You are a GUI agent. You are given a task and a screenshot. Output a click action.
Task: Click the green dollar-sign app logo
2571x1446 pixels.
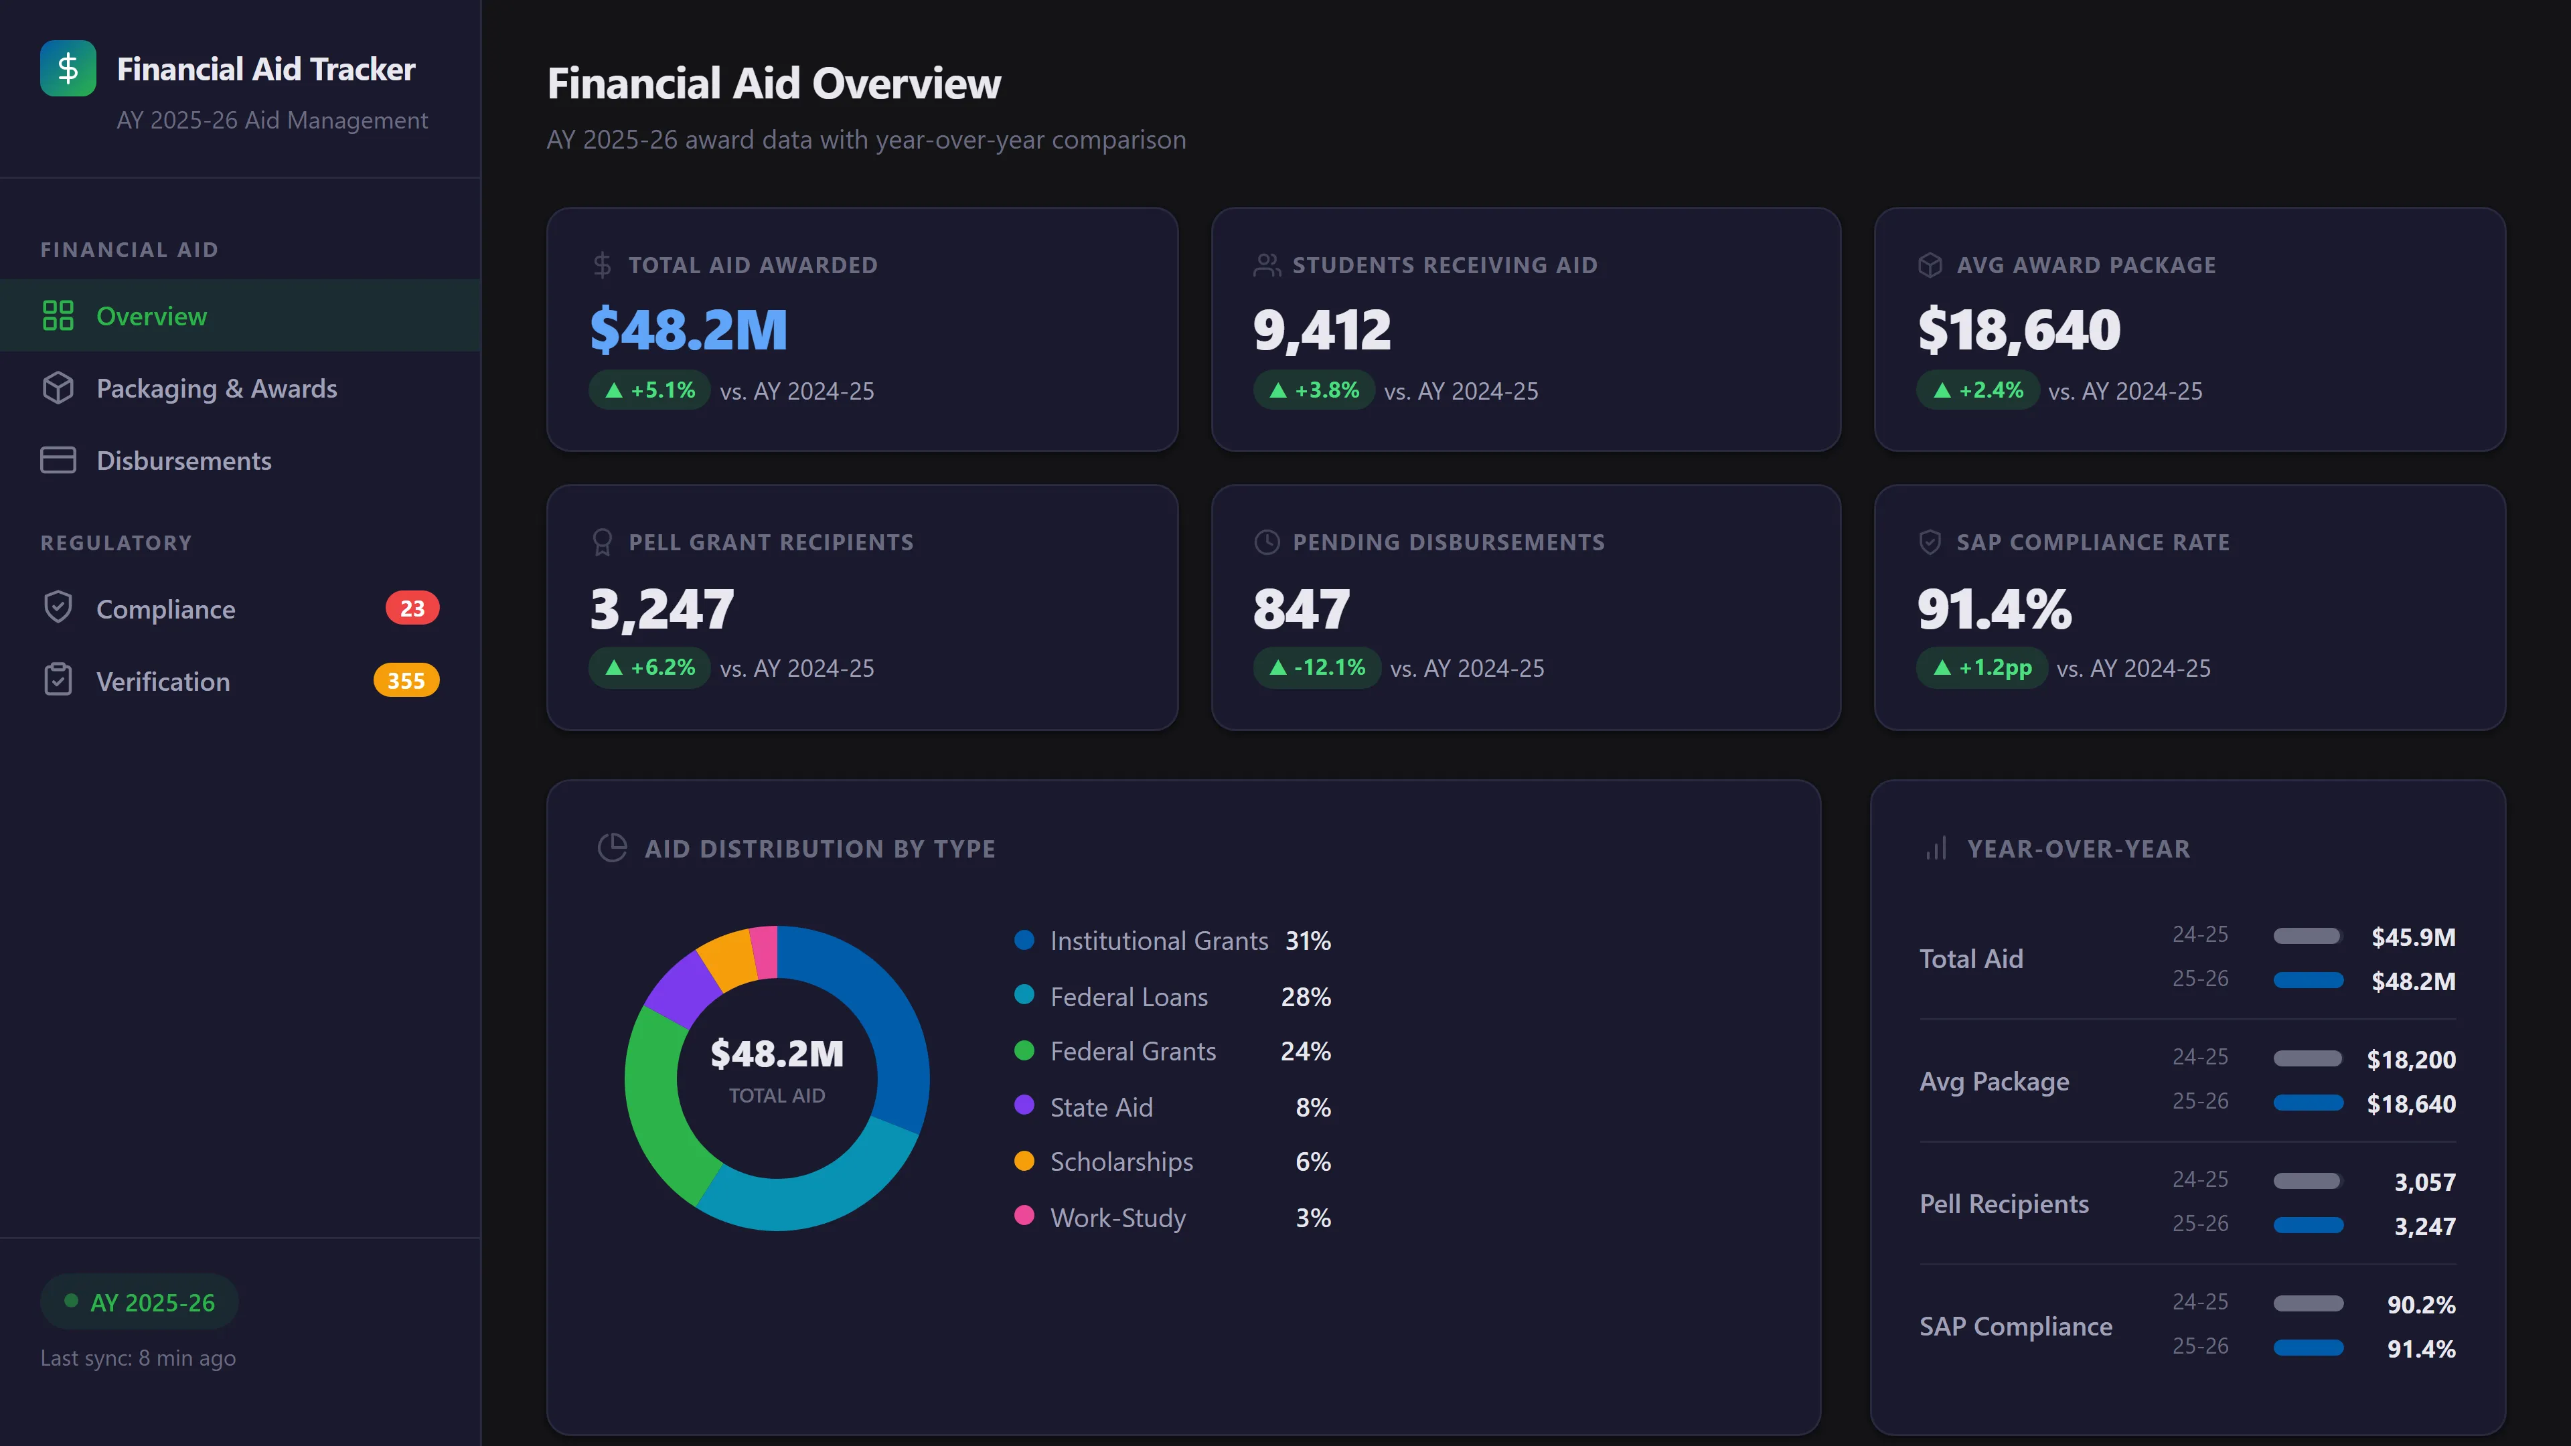(68, 68)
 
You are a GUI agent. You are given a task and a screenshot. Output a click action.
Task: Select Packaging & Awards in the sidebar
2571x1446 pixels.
(216, 388)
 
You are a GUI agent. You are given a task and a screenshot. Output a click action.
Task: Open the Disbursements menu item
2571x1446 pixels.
(183, 460)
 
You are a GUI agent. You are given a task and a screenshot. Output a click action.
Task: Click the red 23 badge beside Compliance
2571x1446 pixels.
(412, 608)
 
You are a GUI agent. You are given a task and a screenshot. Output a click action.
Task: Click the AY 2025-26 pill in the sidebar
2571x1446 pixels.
(140, 1301)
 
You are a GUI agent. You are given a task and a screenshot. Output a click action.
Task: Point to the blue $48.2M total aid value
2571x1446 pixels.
(689, 329)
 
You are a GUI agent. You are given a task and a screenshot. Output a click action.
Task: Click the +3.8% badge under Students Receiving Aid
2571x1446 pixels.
(1314, 390)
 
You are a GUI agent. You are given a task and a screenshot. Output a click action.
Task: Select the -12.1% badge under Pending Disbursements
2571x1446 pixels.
(1316, 667)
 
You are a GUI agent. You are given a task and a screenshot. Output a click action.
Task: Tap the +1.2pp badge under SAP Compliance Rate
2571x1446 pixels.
(1981, 667)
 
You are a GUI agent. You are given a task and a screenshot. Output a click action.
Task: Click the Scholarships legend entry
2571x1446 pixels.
(1121, 1161)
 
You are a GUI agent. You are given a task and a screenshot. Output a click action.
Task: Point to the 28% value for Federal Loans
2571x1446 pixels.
(1306, 996)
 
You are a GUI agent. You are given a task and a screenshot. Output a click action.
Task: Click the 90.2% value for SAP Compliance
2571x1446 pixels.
(2420, 1303)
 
